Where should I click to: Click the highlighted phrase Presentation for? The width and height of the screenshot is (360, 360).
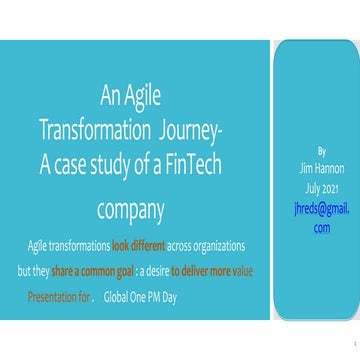59,296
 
